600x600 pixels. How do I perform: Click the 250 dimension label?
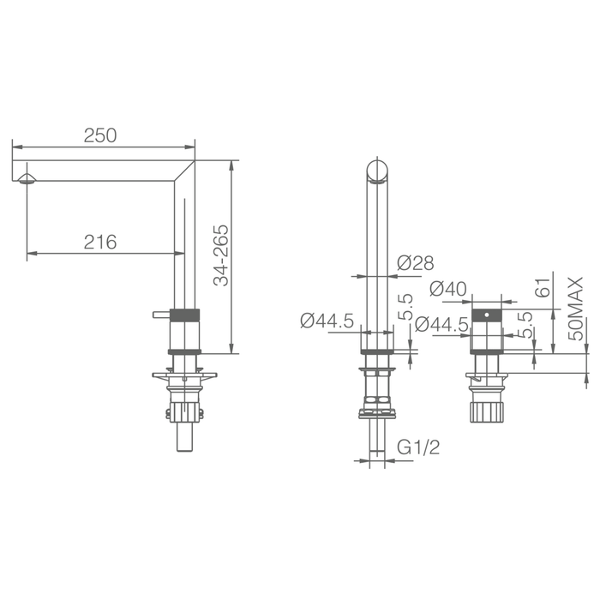[100, 135]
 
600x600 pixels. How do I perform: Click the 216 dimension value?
[100, 242]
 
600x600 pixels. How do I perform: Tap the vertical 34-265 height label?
[221, 255]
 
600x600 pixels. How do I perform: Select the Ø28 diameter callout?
[416, 263]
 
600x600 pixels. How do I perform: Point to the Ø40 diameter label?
[448, 289]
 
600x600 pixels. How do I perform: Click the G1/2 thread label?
[418, 447]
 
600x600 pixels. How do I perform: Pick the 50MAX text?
[576, 309]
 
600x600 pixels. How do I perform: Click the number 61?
[543, 287]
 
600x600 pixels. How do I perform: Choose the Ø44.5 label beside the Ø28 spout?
[327, 321]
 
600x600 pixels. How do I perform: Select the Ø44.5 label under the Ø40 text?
[442, 325]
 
